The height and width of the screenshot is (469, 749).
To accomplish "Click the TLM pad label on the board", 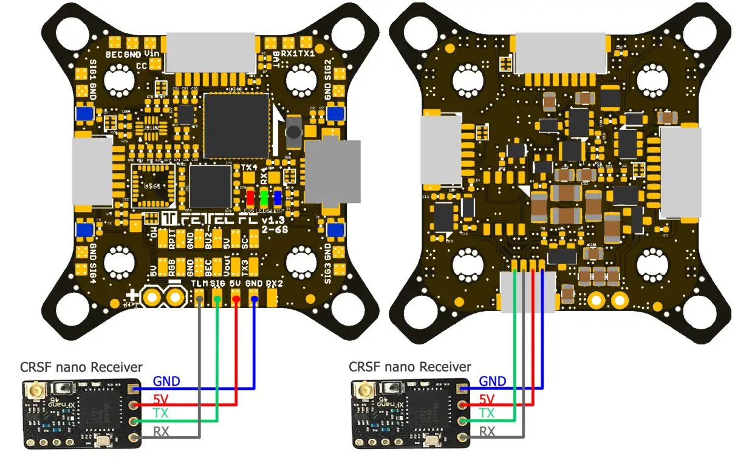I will [x=199, y=284].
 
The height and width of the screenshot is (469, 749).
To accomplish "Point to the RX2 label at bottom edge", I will [x=275, y=284].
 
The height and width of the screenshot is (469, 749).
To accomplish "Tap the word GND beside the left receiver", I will [x=166, y=382].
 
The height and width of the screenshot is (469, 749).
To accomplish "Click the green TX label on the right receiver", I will [x=487, y=413].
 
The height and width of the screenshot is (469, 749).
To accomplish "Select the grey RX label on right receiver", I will [x=487, y=431].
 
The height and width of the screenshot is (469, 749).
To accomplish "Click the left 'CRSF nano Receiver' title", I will [x=81, y=367].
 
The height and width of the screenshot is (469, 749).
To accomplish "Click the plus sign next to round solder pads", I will [x=132, y=296].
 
